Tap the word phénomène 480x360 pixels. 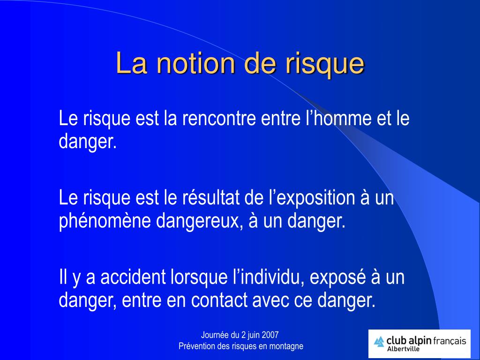pos(104,221)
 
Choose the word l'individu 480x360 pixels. pos(269,277)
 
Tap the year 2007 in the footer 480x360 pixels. pos(270,335)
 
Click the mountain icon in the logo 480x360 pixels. pos(379,342)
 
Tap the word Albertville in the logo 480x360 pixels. pos(403,349)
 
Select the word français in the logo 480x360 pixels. pos(450,341)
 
